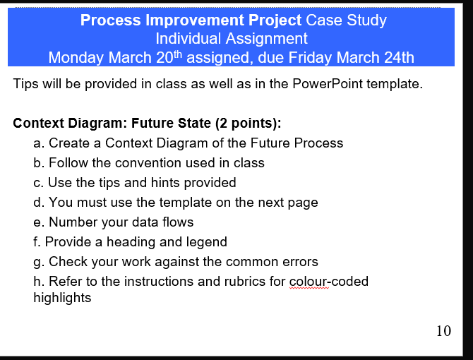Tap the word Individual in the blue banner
point(186,38)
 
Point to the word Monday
point(76,56)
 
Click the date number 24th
point(398,56)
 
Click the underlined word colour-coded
point(329,282)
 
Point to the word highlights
point(62,298)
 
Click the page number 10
point(443,331)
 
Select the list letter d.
point(38,203)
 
